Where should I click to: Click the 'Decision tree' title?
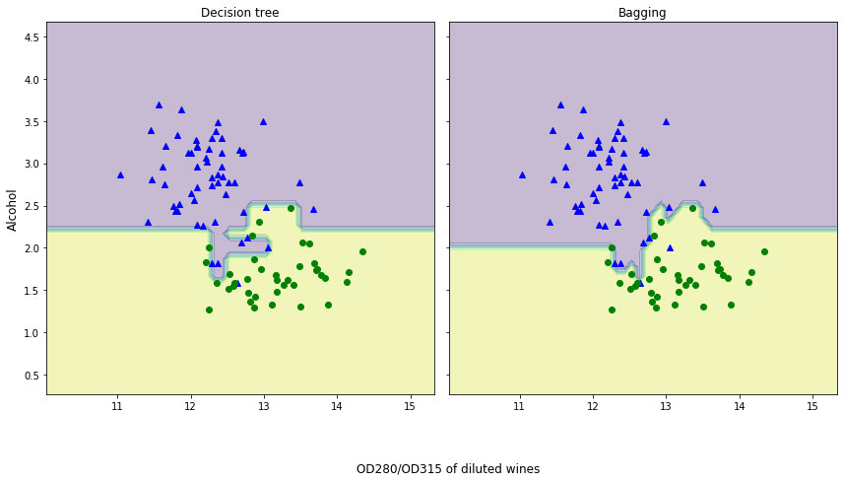[239, 13]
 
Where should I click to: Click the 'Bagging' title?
[642, 13]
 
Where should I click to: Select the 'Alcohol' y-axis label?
[13, 210]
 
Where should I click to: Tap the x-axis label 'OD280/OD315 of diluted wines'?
[447, 469]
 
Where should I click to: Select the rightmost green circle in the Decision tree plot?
[362, 251]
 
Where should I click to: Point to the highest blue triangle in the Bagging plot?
[560, 104]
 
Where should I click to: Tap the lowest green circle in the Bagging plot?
[612, 310]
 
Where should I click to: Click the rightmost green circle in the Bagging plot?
[764, 251]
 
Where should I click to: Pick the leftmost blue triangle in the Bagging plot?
[522, 174]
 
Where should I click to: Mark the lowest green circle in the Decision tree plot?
[209, 310]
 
